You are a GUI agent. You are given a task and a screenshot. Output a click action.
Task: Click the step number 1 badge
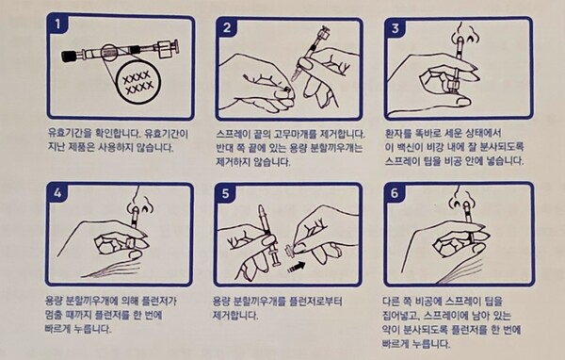tap(58, 25)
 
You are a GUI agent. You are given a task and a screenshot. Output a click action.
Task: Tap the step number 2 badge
tap(227, 27)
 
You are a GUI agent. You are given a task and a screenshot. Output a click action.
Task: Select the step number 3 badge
tap(395, 27)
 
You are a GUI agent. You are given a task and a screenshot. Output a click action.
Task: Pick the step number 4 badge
tap(57, 193)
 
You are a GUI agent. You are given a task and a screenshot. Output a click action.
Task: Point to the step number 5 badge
tap(226, 193)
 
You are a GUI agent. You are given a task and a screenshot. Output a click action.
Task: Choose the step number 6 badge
tap(395, 193)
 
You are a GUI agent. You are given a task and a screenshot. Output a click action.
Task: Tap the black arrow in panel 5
tap(297, 268)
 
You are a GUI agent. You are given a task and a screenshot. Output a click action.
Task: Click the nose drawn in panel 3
tap(465, 35)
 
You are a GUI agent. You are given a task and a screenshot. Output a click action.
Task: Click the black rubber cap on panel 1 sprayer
tap(69, 57)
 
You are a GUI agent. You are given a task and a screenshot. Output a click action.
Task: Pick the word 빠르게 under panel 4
tap(57, 329)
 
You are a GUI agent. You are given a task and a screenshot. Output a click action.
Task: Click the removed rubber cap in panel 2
tap(287, 90)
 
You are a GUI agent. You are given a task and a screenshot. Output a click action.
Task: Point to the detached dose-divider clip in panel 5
tap(290, 250)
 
